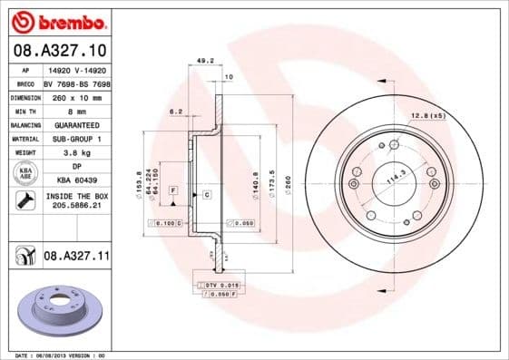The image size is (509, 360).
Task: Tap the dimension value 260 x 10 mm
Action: pyautogui.click(x=76, y=97)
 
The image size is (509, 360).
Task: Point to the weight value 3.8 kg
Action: pyautogui.click(x=76, y=153)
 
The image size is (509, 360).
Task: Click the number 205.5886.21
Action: pyautogui.click(x=76, y=206)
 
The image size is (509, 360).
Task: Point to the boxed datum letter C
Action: pyautogui.click(x=207, y=195)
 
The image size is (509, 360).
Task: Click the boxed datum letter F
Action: pyautogui.click(x=173, y=189)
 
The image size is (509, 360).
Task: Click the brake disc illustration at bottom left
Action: pyautogui.click(x=63, y=310)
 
